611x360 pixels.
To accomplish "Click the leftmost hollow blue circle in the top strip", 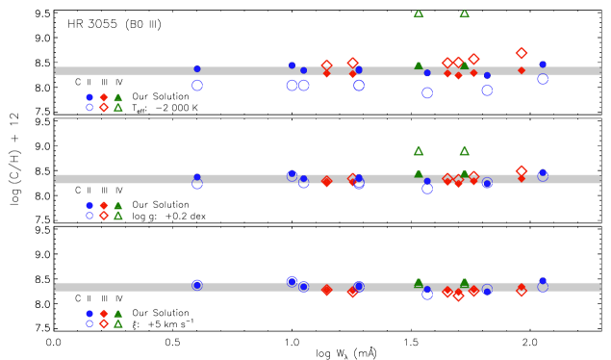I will click(x=197, y=86).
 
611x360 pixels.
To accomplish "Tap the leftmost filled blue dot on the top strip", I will click(x=197, y=68).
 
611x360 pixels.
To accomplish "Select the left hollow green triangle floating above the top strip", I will click(x=419, y=13).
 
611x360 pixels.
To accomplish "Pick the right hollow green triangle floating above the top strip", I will click(x=464, y=13).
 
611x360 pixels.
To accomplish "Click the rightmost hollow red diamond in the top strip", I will click(x=522, y=54).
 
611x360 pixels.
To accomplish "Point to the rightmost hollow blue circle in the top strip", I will click(x=543, y=79).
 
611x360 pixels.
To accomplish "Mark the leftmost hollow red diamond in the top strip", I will click(x=326, y=65).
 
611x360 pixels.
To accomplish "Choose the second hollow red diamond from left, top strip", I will click(x=352, y=63).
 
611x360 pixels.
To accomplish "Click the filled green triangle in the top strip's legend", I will click(x=117, y=97).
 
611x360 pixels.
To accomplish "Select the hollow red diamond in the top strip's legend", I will click(x=104, y=108).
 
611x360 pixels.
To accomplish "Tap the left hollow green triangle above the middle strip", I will click(x=419, y=151).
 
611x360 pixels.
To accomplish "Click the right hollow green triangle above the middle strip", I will click(x=464, y=151).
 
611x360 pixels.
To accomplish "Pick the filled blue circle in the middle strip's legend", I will click(x=89, y=205).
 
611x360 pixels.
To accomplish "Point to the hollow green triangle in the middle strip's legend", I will click(x=117, y=216).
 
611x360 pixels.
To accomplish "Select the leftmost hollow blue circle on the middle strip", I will click(x=197, y=184).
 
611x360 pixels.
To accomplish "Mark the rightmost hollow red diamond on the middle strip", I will click(x=522, y=171).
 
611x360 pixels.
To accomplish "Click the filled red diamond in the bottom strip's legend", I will click(x=104, y=313).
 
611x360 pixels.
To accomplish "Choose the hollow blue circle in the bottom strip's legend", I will click(x=89, y=323).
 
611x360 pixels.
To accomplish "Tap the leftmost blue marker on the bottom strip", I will click(x=197, y=285).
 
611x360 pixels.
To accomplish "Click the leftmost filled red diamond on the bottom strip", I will click(x=326, y=290).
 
